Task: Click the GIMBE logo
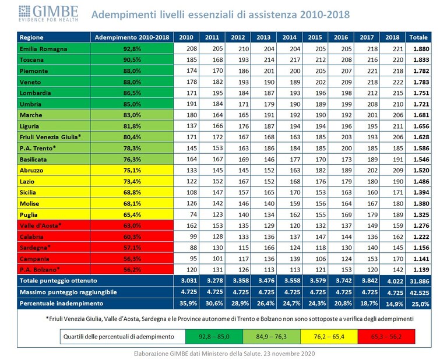click(48, 13)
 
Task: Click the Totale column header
click(418, 37)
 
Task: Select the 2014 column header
click(289, 37)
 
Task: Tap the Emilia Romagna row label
click(43, 49)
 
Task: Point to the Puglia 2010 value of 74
click(193, 214)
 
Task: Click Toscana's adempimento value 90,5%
click(132, 60)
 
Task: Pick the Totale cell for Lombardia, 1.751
click(421, 93)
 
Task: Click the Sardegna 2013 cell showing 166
click(269, 248)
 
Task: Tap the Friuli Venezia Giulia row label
click(50, 137)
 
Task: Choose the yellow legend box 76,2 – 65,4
click(329, 337)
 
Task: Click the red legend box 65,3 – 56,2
click(386, 337)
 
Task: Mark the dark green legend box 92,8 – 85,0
click(214, 337)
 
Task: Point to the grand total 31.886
click(420, 281)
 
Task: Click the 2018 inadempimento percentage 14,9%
click(395, 304)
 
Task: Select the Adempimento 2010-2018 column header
click(132, 37)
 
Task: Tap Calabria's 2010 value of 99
click(193, 237)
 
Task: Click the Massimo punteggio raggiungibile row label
click(68, 292)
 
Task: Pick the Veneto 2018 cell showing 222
click(397, 82)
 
